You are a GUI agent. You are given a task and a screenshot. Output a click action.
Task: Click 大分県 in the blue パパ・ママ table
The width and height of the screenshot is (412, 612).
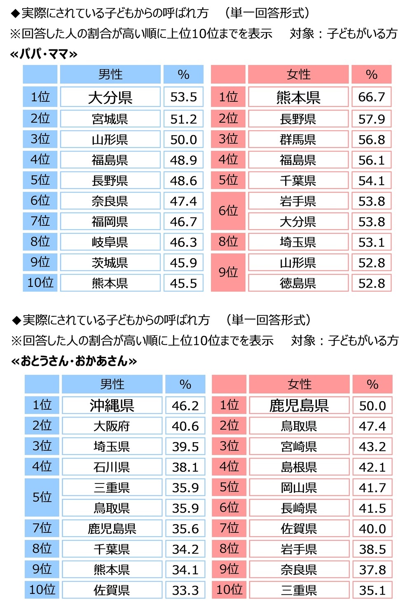[110, 97]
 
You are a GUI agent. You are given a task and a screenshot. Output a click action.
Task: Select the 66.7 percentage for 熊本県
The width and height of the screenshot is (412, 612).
[371, 97]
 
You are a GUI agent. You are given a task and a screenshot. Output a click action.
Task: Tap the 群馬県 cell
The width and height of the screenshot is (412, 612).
[298, 139]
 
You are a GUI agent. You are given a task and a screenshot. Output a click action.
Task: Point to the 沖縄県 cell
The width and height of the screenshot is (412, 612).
[112, 406]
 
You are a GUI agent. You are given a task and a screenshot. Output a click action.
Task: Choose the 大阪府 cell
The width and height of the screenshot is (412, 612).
[112, 426]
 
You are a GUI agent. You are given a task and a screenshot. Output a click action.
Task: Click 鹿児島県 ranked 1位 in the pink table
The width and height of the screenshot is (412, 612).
[299, 406]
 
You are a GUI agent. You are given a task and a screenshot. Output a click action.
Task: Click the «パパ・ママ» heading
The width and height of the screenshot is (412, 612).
[44, 54]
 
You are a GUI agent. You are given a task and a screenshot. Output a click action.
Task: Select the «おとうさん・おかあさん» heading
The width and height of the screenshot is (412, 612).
[74, 361]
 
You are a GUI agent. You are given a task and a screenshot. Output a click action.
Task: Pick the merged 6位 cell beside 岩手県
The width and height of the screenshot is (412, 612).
[228, 211]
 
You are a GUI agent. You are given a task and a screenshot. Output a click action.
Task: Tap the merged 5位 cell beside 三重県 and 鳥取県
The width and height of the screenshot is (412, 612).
[42, 497]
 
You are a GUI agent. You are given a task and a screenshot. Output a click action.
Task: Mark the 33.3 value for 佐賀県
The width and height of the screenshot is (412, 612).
[185, 590]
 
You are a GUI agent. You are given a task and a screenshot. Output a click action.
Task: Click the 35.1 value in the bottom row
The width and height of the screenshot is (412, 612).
[372, 590]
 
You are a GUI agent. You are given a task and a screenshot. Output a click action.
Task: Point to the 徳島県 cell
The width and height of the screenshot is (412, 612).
[298, 283]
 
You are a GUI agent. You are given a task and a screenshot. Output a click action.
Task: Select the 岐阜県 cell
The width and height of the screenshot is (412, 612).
[110, 242]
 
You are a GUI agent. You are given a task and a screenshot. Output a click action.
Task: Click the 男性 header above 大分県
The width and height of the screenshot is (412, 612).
[110, 75]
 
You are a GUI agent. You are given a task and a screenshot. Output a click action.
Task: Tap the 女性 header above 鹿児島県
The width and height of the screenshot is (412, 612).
[299, 384]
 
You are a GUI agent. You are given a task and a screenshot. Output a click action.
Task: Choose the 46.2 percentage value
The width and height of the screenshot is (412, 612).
[185, 406]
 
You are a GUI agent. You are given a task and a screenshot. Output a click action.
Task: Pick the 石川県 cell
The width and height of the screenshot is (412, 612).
[112, 467]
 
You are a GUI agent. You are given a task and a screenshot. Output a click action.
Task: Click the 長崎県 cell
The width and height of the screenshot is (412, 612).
[299, 508]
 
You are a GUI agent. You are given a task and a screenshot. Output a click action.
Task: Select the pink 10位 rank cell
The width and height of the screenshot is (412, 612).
[229, 590]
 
